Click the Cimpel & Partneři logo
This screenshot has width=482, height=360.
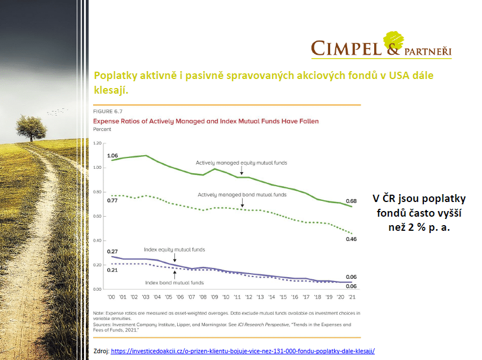[x=382, y=45]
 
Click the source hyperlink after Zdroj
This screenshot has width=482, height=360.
[x=243, y=351]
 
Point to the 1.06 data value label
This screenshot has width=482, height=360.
[x=112, y=155]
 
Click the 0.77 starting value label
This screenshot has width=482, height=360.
[x=112, y=201]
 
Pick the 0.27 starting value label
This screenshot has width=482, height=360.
[x=112, y=252]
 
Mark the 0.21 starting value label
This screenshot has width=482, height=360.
[x=112, y=270]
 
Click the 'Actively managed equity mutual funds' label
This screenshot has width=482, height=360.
[x=241, y=163]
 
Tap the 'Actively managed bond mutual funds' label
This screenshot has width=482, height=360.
[x=242, y=195]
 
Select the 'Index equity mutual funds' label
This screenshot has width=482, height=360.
[x=174, y=249]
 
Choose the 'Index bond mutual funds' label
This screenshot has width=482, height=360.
[x=174, y=282]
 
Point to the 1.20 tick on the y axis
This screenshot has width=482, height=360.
[x=99, y=143]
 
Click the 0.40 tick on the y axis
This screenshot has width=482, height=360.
[x=99, y=241]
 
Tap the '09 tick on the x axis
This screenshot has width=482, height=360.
[x=214, y=297]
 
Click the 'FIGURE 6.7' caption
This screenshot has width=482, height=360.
[x=108, y=112]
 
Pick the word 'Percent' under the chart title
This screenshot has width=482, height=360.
[x=102, y=129]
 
